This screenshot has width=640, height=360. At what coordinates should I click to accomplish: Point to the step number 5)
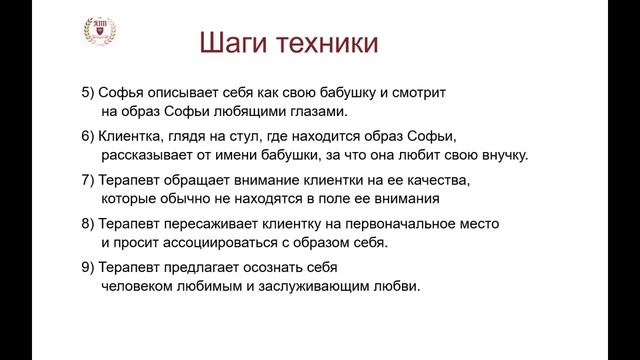[87, 92]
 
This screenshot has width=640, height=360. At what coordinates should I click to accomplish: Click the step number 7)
[87, 180]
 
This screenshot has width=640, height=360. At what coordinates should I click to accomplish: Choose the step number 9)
[87, 268]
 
